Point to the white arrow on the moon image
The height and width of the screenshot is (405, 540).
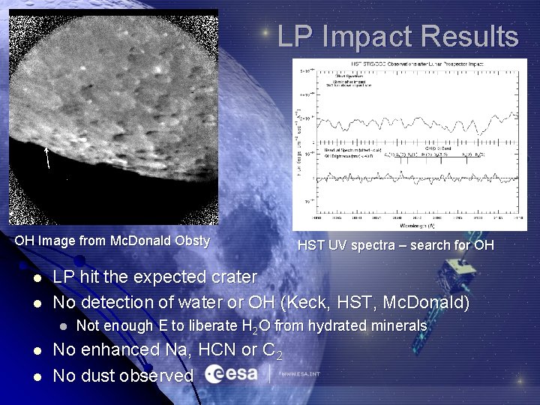pyautogui.click(x=47, y=157)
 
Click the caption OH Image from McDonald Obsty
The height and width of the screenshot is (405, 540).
pyautogui.click(x=112, y=241)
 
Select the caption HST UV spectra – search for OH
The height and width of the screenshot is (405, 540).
pyautogui.click(x=395, y=244)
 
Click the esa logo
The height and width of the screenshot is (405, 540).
pyautogui.click(x=231, y=373)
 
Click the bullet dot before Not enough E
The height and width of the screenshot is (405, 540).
pyautogui.click(x=64, y=326)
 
